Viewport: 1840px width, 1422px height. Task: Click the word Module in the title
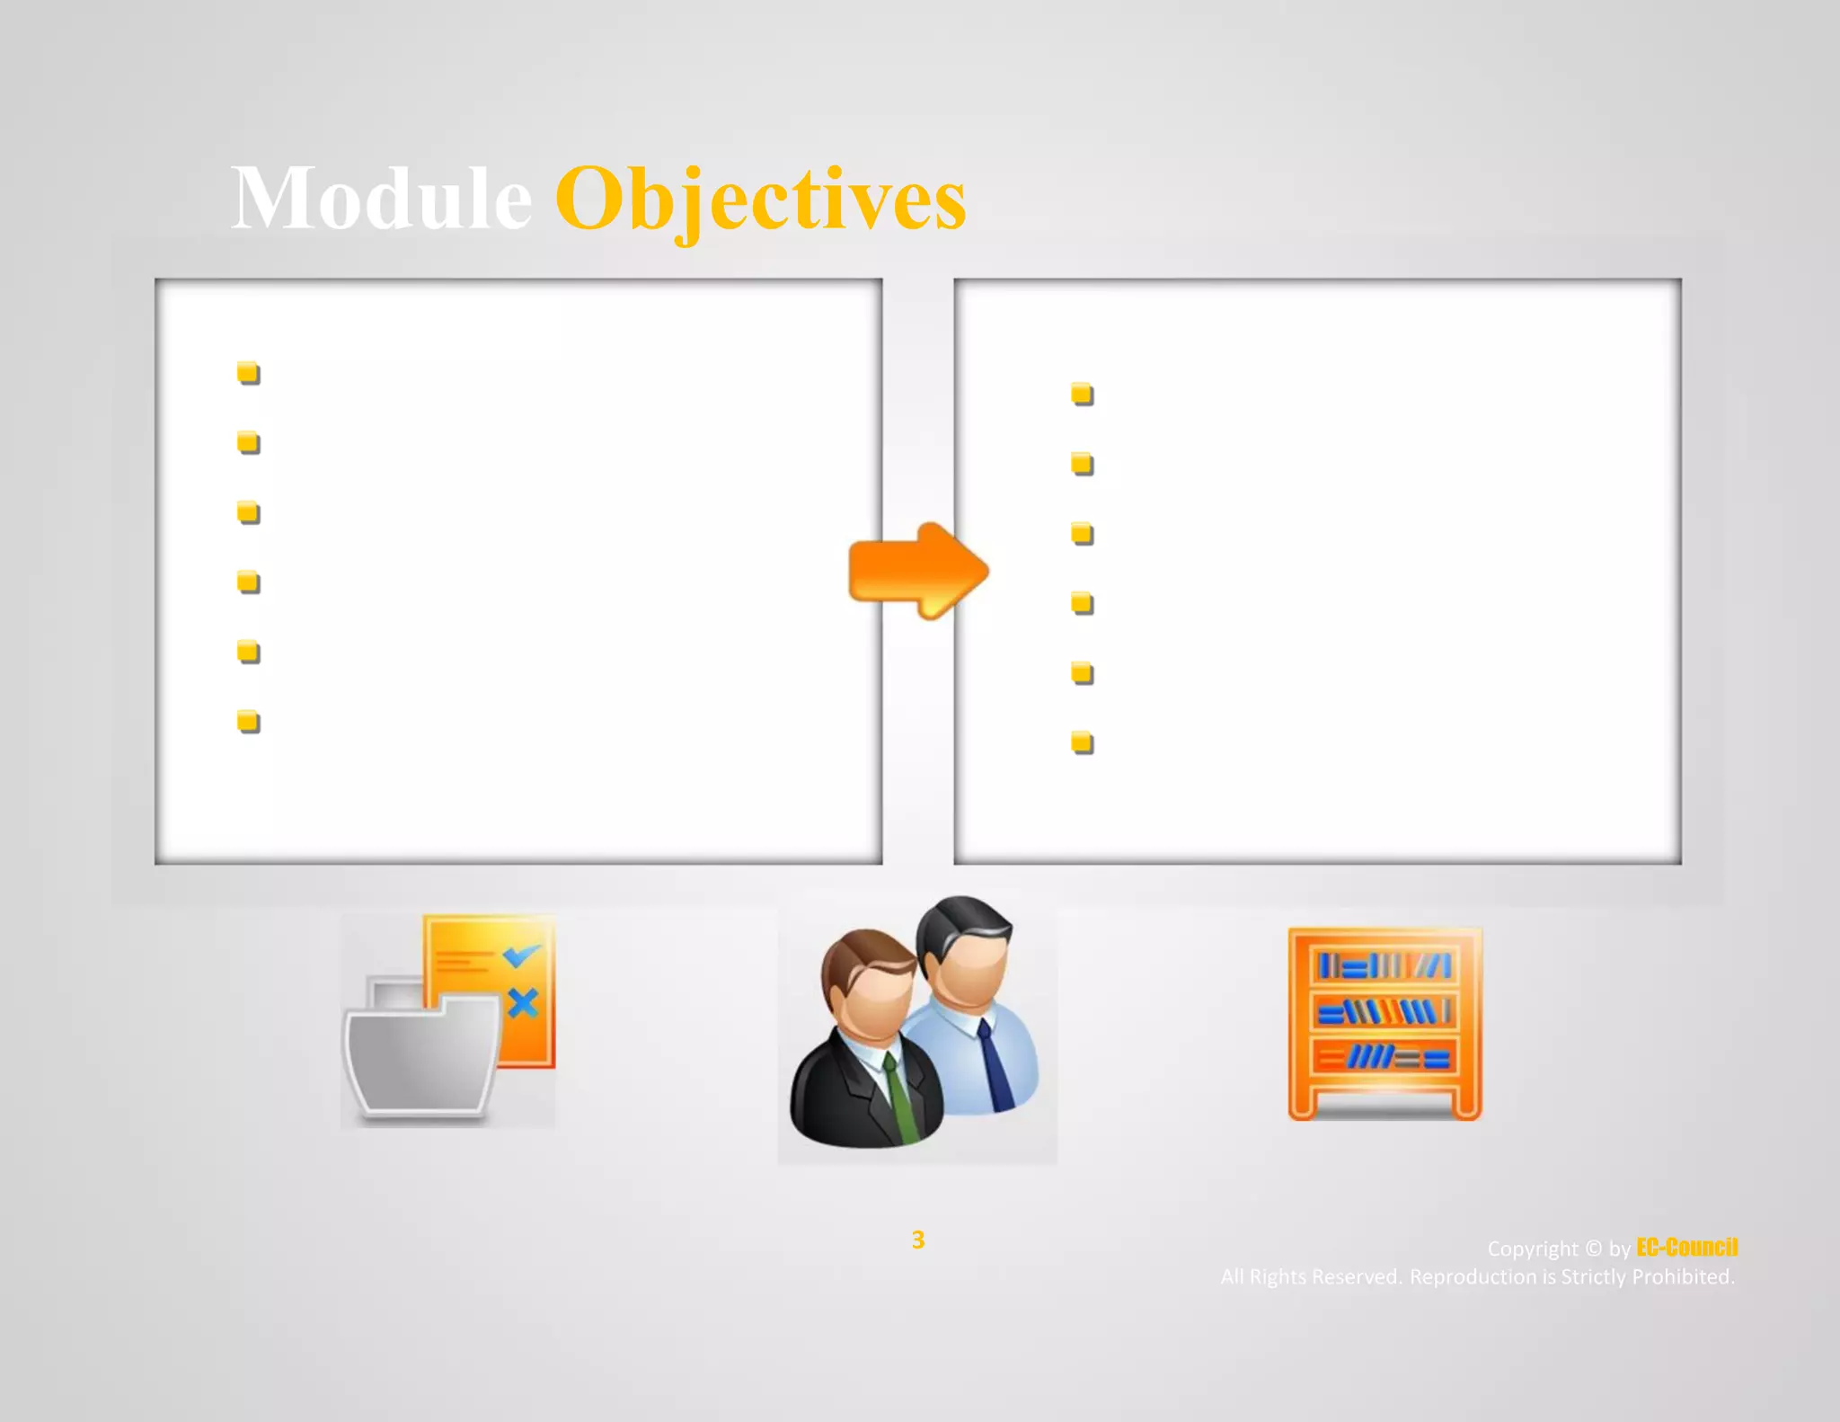(x=382, y=199)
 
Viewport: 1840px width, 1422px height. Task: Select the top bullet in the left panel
(x=249, y=372)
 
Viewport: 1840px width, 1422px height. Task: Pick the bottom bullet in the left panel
(x=249, y=722)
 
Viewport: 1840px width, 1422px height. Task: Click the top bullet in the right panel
(x=1083, y=394)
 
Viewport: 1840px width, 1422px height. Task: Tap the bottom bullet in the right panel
(x=1083, y=742)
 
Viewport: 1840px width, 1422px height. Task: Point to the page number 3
(x=917, y=1240)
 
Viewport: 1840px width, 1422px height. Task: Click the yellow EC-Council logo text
(x=1686, y=1248)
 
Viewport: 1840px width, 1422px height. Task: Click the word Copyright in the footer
(x=1532, y=1249)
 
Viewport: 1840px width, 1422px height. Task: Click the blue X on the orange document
(x=523, y=1002)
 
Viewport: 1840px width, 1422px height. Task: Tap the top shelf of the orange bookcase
(x=1384, y=966)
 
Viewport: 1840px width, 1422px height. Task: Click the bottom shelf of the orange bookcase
(x=1384, y=1057)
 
